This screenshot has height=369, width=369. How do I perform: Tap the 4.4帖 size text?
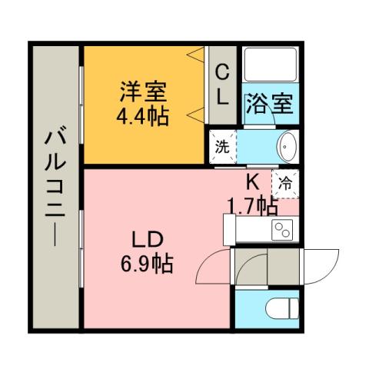click(144, 118)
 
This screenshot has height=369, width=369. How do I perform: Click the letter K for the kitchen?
click(251, 183)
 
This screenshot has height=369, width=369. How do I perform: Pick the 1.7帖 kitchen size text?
click(251, 204)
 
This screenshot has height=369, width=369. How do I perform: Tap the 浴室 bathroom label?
click(270, 104)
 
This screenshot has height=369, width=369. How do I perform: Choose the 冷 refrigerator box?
click(284, 184)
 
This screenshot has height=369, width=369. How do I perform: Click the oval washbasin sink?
click(287, 146)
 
